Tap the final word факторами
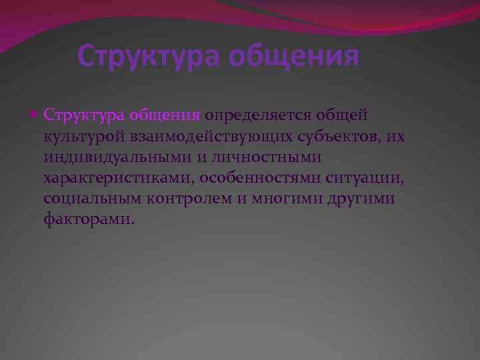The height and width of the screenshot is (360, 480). (88, 220)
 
